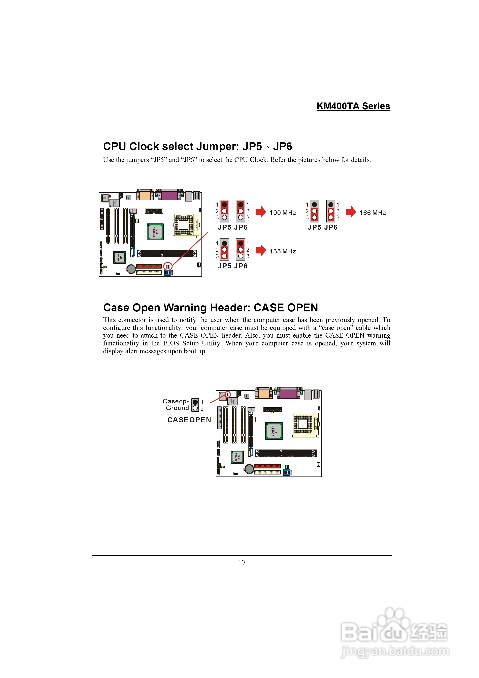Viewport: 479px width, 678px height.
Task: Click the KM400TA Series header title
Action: [353, 106]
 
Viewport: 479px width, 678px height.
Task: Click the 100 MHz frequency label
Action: [283, 213]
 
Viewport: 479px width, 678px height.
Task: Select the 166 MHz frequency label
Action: [373, 213]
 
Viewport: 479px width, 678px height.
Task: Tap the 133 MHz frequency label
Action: [283, 251]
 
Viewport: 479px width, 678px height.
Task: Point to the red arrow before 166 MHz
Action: [351, 212]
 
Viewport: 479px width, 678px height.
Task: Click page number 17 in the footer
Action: [242, 562]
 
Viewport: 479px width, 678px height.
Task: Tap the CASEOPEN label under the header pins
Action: [189, 420]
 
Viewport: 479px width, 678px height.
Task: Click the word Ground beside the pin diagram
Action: [177, 408]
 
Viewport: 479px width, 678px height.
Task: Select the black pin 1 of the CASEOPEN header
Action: [195, 402]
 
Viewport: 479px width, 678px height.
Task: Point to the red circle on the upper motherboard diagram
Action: [168, 266]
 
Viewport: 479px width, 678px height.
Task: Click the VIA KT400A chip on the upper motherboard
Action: [155, 232]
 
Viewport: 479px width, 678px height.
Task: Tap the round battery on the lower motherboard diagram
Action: [249, 469]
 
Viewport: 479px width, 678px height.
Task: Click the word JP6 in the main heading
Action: [282, 147]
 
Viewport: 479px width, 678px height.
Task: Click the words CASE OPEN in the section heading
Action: [286, 308]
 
